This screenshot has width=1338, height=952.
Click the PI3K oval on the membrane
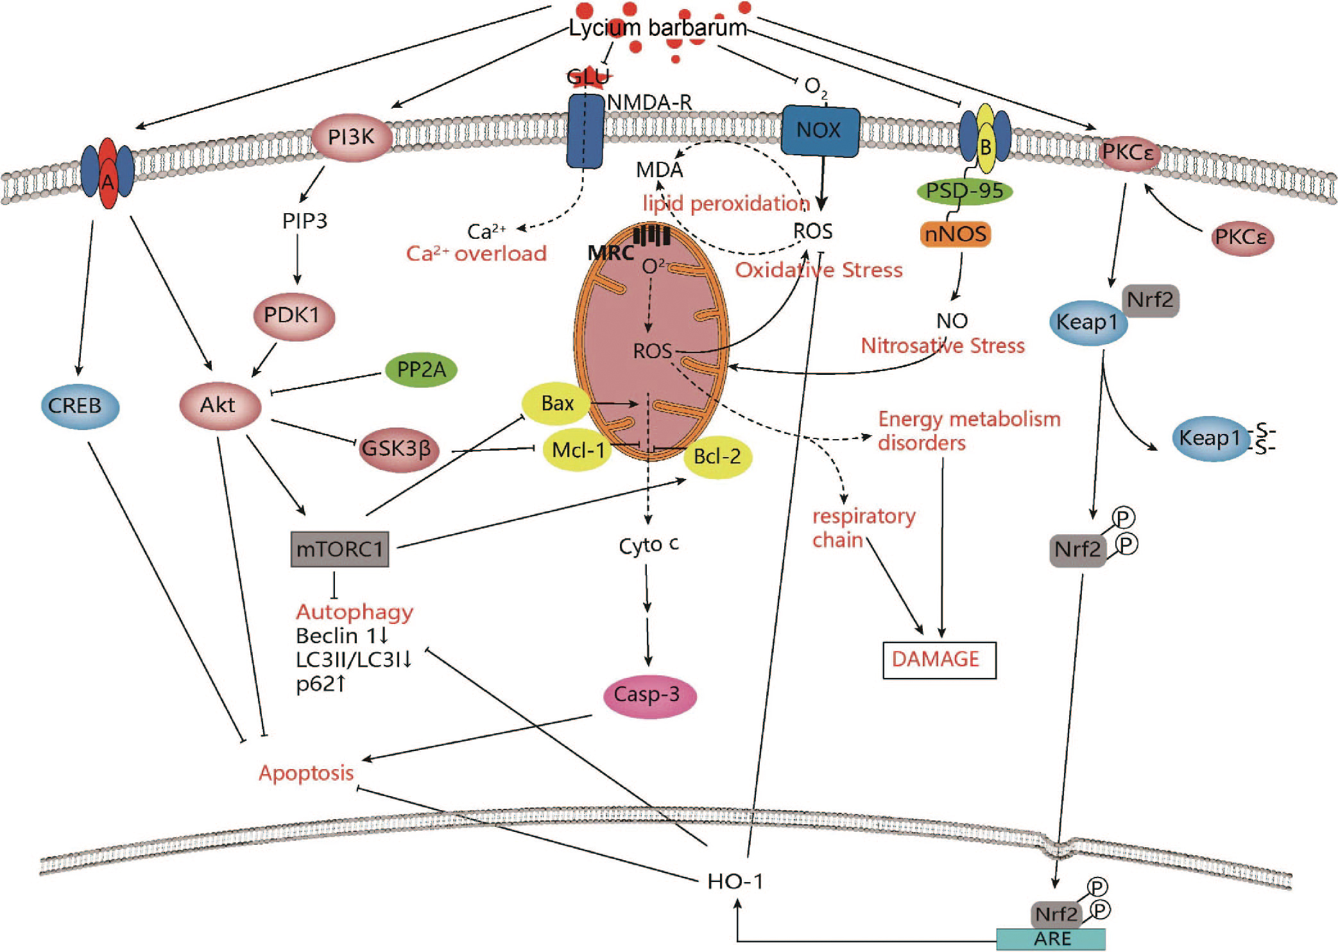pyautogui.click(x=352, y=136)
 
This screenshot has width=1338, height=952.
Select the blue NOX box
pyautogui.click(x=819, y=130)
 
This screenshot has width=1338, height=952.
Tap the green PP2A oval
pyautogui.click(x=422, y=370)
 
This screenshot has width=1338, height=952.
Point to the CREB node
pyautogui.click(x=75, y=406)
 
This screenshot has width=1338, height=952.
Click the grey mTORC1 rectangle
pyautogui.click(x=339, y=549)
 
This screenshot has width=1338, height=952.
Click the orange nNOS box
pyautogui.click(x=956, y=234)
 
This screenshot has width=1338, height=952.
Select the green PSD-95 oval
pyautogui.click(x=965, y=191)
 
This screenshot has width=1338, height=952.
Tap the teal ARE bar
pyautogui.click(x=1051, y=939)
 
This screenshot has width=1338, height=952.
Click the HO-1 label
pyautogui.click(x=735, y=881)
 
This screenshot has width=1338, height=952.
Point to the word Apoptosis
pyautogui.click(x=306, y=772)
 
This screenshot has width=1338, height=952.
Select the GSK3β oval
pyautogui.click(x=398, y=448)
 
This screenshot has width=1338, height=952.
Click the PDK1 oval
pyautogui.click(x=292, y=316)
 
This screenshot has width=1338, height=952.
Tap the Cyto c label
pyautogui.click(x=648, y=545)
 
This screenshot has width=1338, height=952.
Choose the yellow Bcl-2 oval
pyautogui.click(x=717, y=456)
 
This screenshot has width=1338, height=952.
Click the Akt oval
pyautogui.click(x=218, y=405)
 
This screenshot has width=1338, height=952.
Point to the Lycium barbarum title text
pyautogui.click(x=658, y=28)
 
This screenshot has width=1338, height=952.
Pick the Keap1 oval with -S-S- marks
pyautogui.click(x=1210, y=438)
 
